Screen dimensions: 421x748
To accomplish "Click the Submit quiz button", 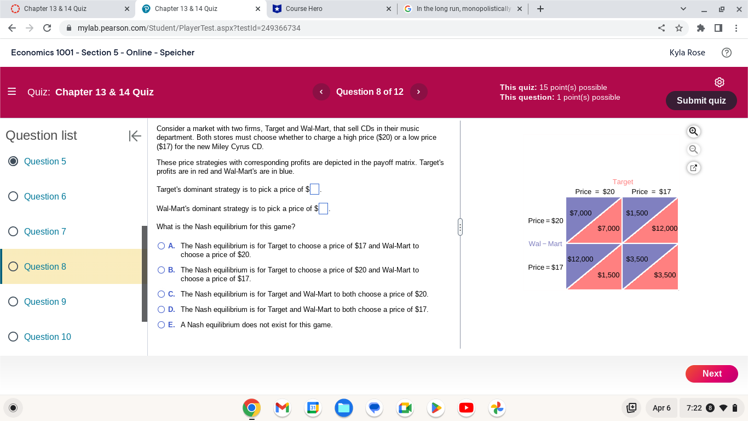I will (701, 100).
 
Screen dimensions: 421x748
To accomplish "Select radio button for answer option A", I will (162, 246).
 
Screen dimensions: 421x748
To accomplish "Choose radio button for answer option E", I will (162, 325).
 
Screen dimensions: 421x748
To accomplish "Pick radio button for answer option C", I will (162, 294).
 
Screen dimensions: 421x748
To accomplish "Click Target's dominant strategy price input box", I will (314, 190).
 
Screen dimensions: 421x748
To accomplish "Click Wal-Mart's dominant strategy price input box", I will (323, 209).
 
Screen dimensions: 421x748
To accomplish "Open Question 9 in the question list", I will (45, 301).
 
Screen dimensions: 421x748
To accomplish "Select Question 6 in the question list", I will (45, 196).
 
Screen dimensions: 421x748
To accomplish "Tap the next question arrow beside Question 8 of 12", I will (418, 92).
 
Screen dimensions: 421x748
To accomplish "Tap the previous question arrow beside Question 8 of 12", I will (321, 92).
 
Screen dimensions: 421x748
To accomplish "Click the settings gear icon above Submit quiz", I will (720, 82).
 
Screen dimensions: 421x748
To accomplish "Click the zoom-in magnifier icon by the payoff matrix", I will (693, 132).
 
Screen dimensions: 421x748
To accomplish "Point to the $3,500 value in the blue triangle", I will (637, 259).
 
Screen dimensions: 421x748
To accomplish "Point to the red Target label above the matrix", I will (623, 182).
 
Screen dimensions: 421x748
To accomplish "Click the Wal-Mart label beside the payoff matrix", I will (545, 244).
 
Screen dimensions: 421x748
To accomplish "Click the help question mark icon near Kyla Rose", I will (727, 53).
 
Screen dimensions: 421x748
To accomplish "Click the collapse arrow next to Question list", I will (135, 136).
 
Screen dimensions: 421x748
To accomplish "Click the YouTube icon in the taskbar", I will (466, 408).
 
